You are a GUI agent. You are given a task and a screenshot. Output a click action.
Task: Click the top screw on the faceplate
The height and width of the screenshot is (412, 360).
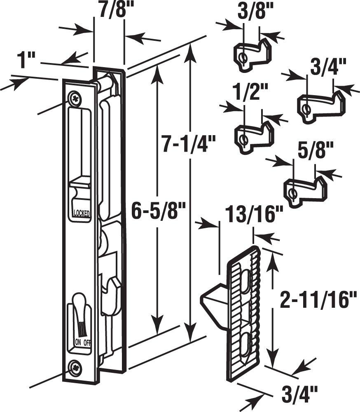pos(75,98)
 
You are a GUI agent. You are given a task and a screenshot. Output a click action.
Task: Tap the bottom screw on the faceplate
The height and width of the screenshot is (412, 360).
pos(75,366)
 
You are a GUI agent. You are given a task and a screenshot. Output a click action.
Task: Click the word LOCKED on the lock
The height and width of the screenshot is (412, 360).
pos(81,213)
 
